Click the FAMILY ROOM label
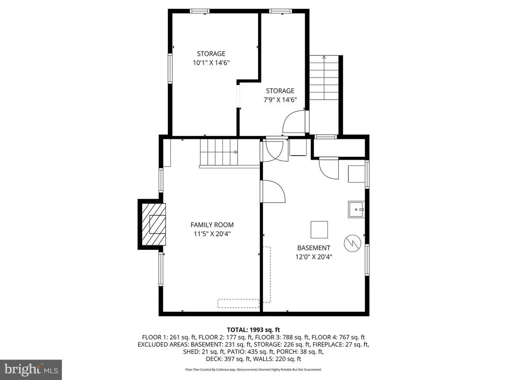212,225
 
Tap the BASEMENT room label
313,248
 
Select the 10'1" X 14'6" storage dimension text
211,63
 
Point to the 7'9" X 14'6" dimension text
280,100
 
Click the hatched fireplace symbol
154,224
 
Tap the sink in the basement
356,209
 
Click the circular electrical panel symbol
353,243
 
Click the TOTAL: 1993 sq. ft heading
253,330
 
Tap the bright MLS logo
31,370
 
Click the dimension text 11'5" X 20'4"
212,234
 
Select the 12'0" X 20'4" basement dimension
314,257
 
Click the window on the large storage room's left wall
170,68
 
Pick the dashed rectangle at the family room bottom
238,303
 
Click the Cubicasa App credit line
253,369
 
